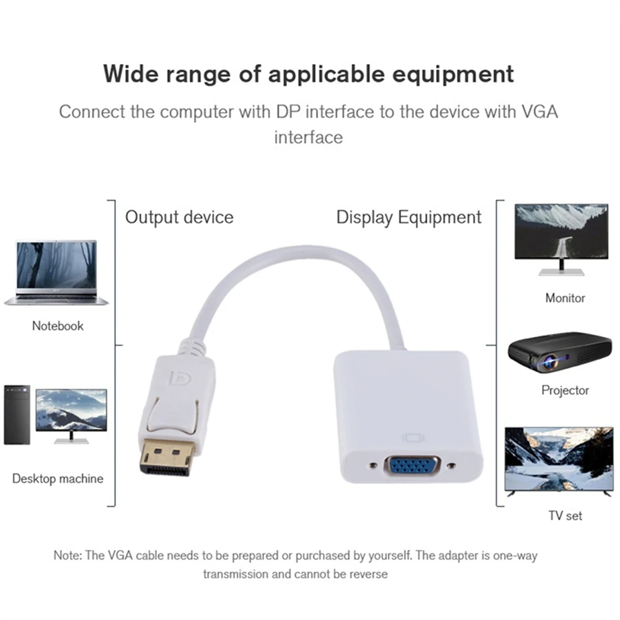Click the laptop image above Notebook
(57, 273)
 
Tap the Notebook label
(58, 325)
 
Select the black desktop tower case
(17, 414)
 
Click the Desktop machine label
(58, 478)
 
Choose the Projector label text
(565, 390)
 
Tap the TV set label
(565, 516)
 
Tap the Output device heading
(179, 217)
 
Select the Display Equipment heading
(409, 217)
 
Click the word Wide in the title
(135, 73)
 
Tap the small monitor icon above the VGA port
(412, 437)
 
